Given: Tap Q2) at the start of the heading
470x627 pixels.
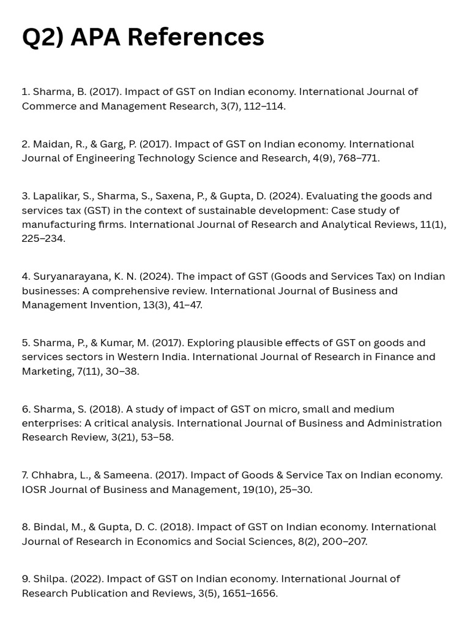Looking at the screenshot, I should coord(43,38).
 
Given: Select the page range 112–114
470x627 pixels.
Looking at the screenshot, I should coord(263,106).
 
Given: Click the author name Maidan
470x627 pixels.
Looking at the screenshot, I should coord(51,145).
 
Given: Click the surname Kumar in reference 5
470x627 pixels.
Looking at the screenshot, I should coord(116,343).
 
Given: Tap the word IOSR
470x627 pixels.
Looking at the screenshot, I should coord(34,489).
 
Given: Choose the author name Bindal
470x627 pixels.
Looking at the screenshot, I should coord(49,527).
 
